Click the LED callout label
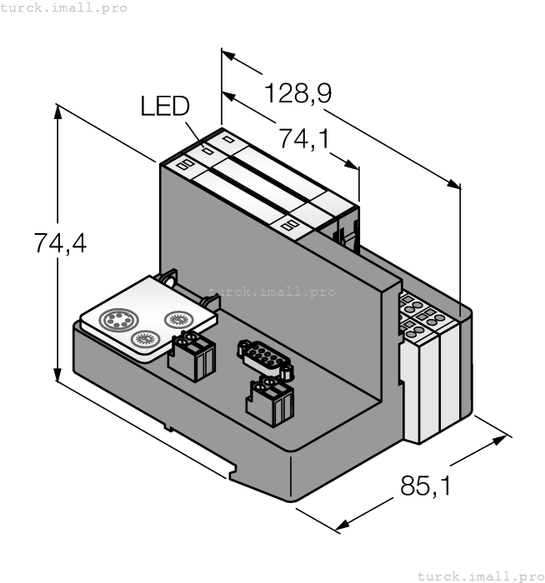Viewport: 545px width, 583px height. click(165, 107)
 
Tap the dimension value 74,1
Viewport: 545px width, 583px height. click(303, 139)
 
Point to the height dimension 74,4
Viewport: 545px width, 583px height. click(60, 244)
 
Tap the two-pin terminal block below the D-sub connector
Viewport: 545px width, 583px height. click(270, 401)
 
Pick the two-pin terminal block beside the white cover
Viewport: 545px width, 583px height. click(191, 355)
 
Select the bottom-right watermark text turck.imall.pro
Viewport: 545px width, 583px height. click(480, 576)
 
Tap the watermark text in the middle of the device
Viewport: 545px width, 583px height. click(272, 291)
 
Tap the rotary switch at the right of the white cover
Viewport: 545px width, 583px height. click(178, 318)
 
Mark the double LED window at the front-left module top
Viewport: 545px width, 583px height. click(184, 165)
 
